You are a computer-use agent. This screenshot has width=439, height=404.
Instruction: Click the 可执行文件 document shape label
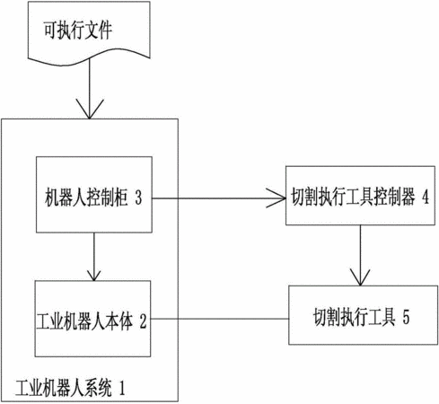(x=78, y=30)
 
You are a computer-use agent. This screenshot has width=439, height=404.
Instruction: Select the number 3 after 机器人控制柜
(x=138, y=198)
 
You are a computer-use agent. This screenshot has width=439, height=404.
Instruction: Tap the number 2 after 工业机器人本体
(x=143, y=321)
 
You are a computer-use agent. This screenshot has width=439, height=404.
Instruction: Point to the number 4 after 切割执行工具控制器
(x=426, y=197)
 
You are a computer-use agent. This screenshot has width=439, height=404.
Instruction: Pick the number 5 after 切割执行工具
(x=406, y=317)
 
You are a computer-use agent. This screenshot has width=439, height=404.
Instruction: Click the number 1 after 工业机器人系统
(x=122, y=388)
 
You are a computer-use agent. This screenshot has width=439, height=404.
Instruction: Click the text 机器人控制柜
(x=86, y=198)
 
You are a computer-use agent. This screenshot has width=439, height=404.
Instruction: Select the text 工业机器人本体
(x=84, y=321)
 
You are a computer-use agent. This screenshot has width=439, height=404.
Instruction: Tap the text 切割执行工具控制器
(x=353, y=197)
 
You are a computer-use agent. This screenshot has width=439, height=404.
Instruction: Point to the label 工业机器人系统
(x=64, y=388)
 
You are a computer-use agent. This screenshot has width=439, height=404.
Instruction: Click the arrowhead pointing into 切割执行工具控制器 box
(x=277, y=198)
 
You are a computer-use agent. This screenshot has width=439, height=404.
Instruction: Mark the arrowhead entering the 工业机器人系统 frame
(x=90, y=109)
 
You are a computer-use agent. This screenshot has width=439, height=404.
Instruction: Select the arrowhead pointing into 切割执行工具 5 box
(x=360, y=277)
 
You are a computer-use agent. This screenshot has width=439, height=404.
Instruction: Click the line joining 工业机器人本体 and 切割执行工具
(x=220, y=319)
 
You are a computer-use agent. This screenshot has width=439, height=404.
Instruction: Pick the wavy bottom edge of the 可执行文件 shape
(x=89, y=57)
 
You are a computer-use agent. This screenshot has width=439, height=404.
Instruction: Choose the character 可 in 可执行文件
(x=50, y=30)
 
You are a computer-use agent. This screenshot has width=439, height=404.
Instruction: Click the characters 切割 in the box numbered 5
(x=327, y=317)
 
